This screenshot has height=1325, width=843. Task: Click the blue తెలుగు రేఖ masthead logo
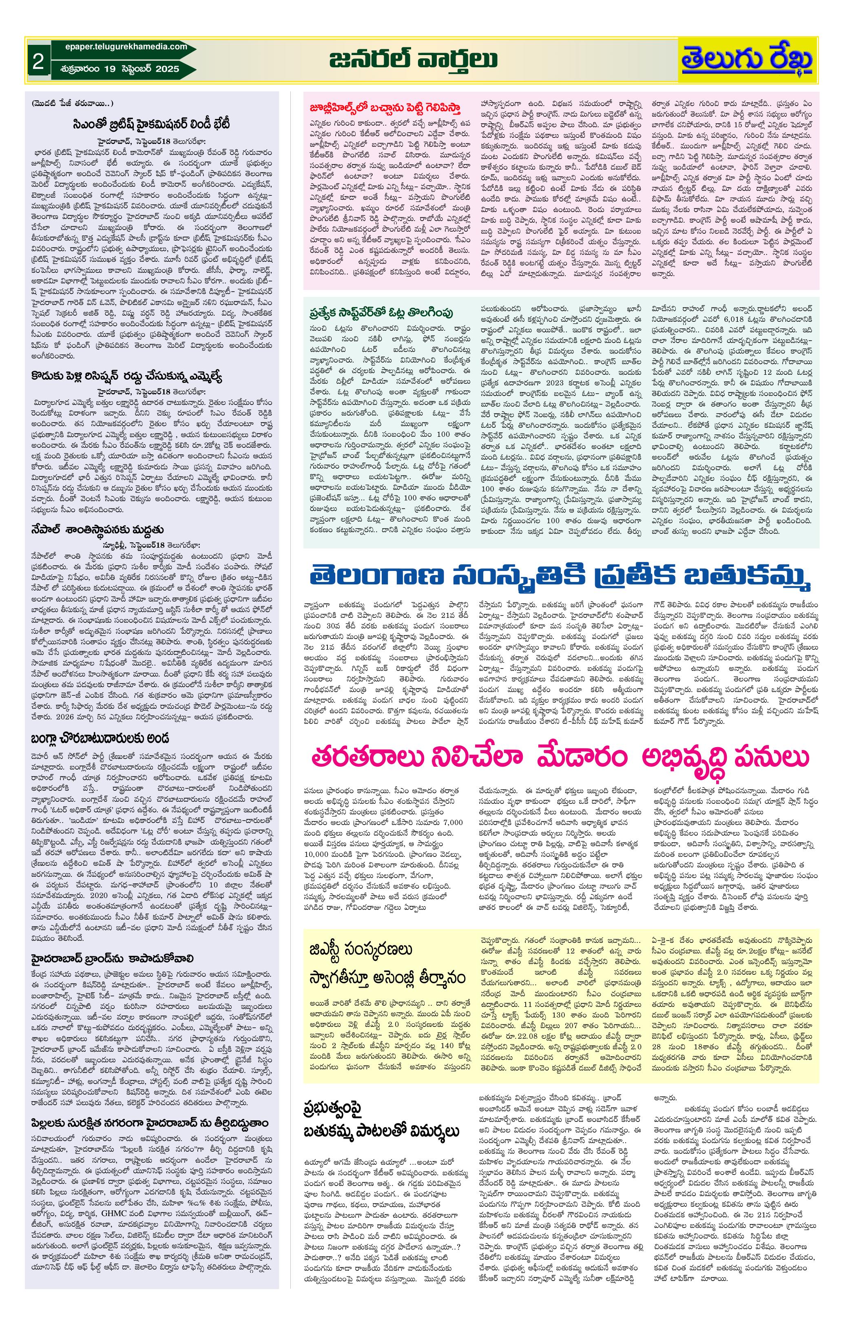pos(747,60)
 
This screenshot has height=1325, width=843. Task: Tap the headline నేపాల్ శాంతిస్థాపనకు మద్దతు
pos(97,529)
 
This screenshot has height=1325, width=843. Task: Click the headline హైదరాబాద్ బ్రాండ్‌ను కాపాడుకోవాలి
pos(112,958)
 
